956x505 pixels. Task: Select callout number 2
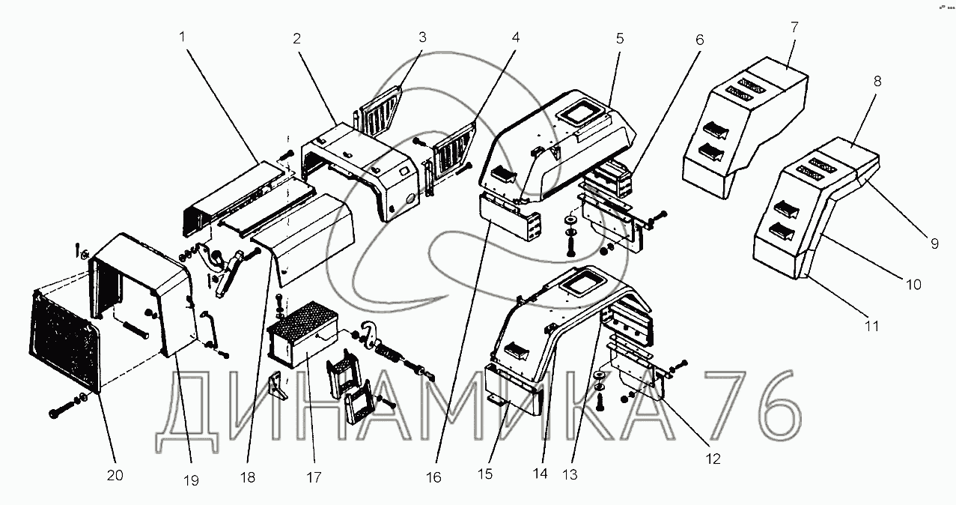pyautogui.click(x=297, y=39)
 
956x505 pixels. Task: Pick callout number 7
pyautogui.click(x=794, y=27)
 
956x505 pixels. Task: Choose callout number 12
pyautogui.click(x=713, y=459)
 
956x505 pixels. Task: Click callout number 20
pyautogui.click(x=115, y=475)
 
